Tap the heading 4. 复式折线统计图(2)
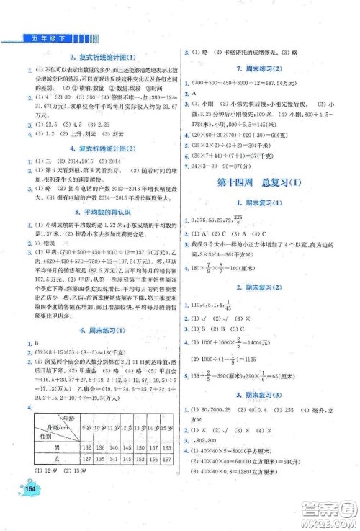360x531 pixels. click(96, 148)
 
